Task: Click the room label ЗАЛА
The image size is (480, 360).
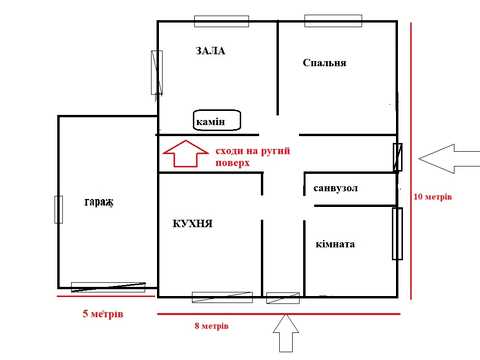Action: [210, 51]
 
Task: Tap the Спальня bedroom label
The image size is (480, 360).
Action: [324, 63]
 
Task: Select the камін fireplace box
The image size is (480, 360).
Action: [217, 120]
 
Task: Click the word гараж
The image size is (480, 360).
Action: [99, 202]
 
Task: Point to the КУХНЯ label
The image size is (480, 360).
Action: [192, 223]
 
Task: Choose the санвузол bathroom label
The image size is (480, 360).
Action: [335, 188]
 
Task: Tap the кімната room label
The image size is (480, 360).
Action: [335, 244]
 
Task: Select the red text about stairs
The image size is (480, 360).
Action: [253, 157]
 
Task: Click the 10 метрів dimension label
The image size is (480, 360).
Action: [433, 197]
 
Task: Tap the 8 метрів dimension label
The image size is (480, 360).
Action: [212, 326]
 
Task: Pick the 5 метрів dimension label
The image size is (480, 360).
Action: [103, 314]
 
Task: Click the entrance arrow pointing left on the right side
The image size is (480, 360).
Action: [449, 159]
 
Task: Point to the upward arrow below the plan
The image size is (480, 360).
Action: [286, 333]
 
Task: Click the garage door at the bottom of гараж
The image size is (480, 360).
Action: [108, 287]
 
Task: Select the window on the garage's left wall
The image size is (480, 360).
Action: [59, 209]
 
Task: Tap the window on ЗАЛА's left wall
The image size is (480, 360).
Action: [157, 72]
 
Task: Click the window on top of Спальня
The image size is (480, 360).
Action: [333, 21]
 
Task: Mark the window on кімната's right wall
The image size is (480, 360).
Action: [397, 233]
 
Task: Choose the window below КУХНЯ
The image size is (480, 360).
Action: [222, 297]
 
